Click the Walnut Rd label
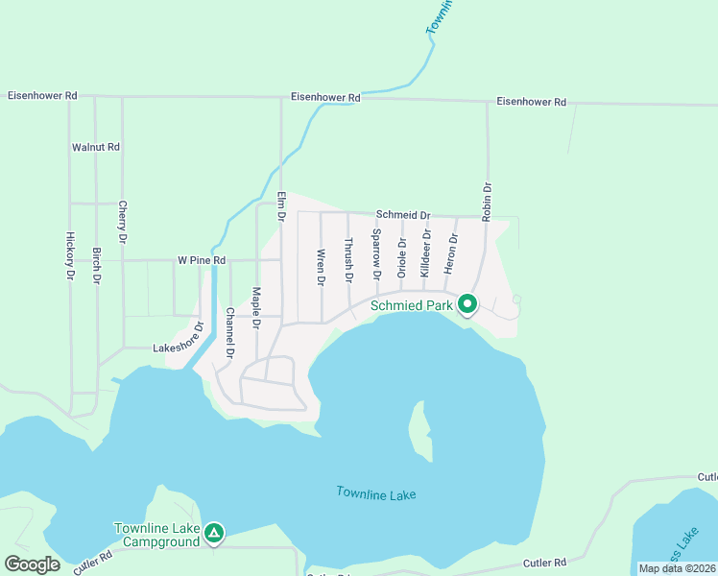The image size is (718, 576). (96, 148)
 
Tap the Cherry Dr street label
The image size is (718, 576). (123, 221)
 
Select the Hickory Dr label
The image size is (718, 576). (70, 256)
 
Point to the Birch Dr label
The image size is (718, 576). (97, 266)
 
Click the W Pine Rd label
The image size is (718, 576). (202, 260)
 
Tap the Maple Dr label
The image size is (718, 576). (256, 307)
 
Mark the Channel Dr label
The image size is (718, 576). (230, 332)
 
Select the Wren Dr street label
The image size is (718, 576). (321, 268)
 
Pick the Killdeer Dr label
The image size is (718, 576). (425, 253)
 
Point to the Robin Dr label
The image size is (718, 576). (488, 203)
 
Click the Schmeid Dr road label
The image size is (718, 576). (403, 216)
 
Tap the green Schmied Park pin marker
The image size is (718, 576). (467, 304)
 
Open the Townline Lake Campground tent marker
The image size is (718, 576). (213, 532)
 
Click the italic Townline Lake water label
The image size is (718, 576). (376, 493)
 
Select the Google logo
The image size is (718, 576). (33, 564)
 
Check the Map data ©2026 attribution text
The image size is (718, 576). (677, 568)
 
